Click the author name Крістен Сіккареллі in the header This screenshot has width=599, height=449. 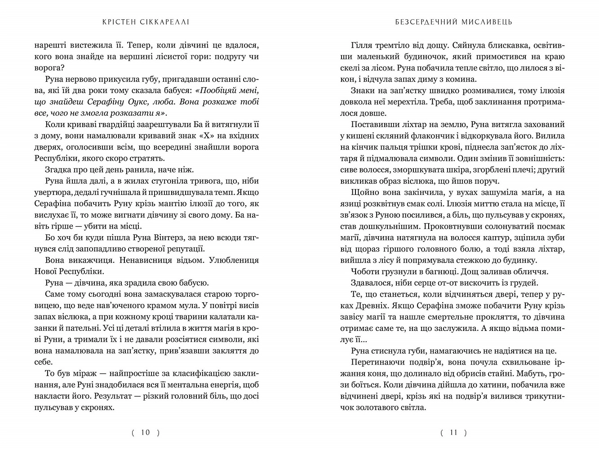coord(146,22)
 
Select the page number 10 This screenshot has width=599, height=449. coord(146,432)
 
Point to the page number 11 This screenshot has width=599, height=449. coord(453,432)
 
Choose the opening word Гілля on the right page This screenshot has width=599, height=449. coord(361,45)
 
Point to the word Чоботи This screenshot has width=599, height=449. coord(364,271)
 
